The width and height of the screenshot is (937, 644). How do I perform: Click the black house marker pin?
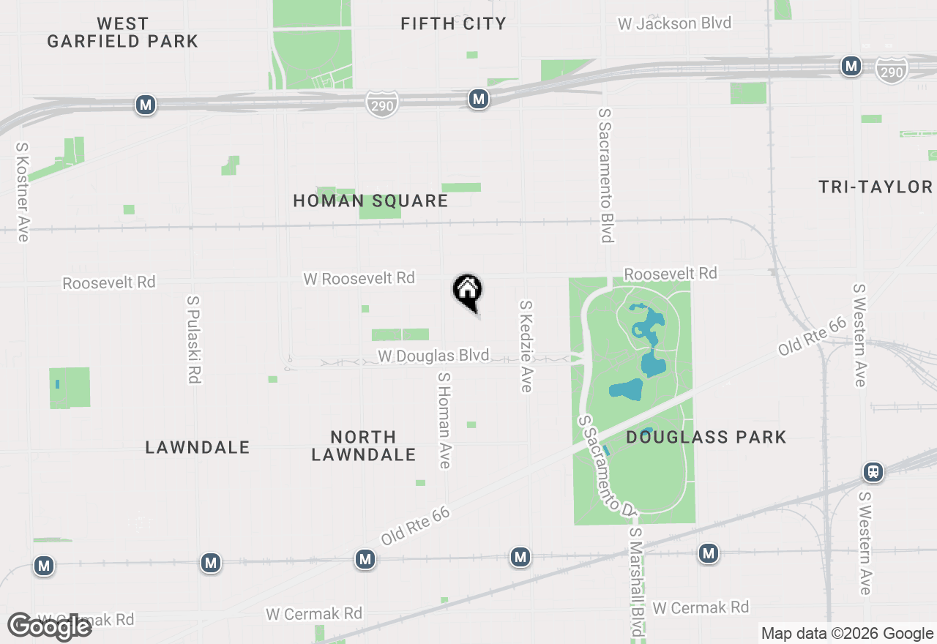click(x=467, y=291)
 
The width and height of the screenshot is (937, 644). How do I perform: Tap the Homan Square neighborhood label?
click(x=370, y=201)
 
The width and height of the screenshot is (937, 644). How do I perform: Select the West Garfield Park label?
click(x=123, y=33)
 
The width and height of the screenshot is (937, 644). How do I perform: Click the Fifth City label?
click(x=453, y=24)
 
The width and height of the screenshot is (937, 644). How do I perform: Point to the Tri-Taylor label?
click(x=876, y=187)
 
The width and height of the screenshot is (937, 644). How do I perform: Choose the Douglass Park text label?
click(x=706, y=438)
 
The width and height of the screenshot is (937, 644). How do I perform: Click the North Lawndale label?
click(x=363, y=446)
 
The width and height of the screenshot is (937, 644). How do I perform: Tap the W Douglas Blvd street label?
click(x=433, y=356)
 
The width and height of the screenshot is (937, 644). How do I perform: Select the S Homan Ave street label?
click(x=444, y=420)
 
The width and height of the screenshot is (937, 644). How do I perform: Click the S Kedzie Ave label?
click(x=526, y=345)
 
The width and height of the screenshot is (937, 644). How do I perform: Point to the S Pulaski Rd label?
click(x=193, y=340)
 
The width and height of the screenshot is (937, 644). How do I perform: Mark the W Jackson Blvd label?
click(x=674, y=23)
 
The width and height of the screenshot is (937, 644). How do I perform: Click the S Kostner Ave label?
click(x=22, y=192)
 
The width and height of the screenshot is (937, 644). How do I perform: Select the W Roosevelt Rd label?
click(x=359, y=278)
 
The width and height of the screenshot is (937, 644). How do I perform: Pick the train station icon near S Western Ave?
click(x=873, y=472)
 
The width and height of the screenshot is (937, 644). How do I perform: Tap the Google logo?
click(x=50, y=627)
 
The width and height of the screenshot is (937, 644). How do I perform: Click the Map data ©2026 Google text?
click(x=847, y=634)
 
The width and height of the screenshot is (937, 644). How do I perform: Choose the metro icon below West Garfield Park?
click(x=146, y=105)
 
